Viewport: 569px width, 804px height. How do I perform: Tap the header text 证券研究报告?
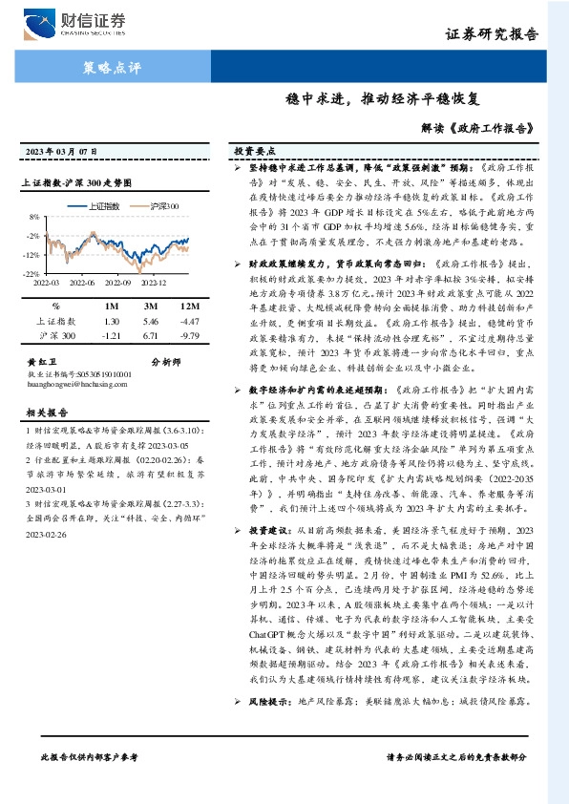[504, 35]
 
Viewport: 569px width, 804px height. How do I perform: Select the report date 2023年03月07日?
[61, 153]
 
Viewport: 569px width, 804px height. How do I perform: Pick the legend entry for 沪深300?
[158, 206]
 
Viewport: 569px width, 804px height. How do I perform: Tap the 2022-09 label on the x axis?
[116, 283]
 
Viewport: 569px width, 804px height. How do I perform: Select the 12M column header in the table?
[190, 306]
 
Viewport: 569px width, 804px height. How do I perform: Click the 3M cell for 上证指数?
[150, 323]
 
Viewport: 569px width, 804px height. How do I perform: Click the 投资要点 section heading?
[256, 151]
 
